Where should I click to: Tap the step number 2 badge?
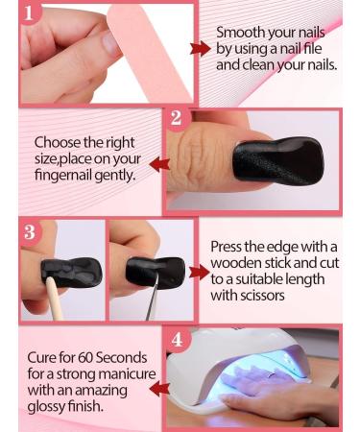point(176,119)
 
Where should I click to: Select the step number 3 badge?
point(29,231)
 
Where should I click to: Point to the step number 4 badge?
point(175,340)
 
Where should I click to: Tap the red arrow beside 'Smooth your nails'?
point(201,49)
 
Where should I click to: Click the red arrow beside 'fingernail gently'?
point(158,162)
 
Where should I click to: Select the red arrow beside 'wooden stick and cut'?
point(200,272)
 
